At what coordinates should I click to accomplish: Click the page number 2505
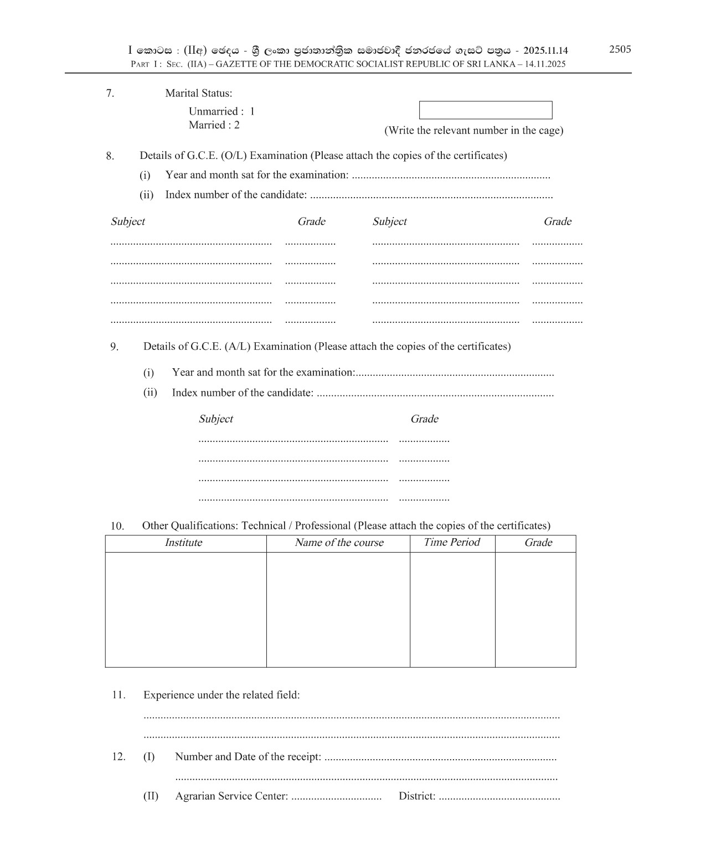click(620, 49)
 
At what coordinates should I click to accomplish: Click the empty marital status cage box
click(485, 110)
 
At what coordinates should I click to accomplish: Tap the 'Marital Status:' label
click(198, 93)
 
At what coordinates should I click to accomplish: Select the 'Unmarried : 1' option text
click(221, 111)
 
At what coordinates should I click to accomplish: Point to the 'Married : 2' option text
click(214, 125)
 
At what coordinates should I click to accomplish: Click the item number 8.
click(110, 156)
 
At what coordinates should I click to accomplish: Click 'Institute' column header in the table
click(183, 543)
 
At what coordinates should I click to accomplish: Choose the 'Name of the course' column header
click(339, 543)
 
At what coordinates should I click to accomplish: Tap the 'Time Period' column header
click(451, 542)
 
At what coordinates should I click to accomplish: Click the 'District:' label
click(417, 796)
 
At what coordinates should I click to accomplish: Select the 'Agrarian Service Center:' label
click(231, 796)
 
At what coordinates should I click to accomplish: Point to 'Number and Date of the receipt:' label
click(248, 757)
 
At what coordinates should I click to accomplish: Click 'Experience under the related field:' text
click(221, 695)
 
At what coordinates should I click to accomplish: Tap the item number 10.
click(117, 526)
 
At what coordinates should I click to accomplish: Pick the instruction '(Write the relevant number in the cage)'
click(473, 131)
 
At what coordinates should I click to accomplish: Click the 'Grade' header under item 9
click(424, 419)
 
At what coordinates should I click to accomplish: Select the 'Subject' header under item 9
click(216, 419)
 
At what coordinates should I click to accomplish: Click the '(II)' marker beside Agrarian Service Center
click(151, 796)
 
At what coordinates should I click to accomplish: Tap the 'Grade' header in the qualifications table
click(538, 543)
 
